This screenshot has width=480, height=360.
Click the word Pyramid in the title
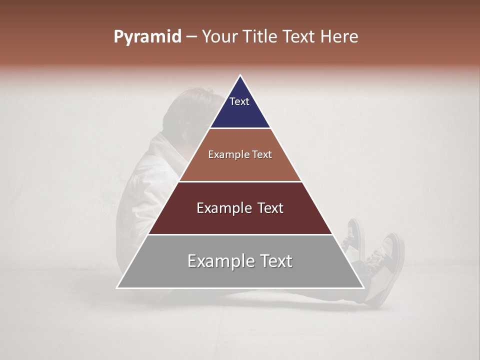tap(147, 37)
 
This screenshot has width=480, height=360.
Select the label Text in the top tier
tap(239, 101)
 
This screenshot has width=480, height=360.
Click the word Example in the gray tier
tap(220, 261)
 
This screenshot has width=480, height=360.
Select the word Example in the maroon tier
tap(224, 208)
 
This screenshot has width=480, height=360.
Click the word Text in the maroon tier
tap(270, 208)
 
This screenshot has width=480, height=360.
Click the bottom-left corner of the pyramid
tap(117, 287)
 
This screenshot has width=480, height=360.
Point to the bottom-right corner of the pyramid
tap(363, 287)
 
